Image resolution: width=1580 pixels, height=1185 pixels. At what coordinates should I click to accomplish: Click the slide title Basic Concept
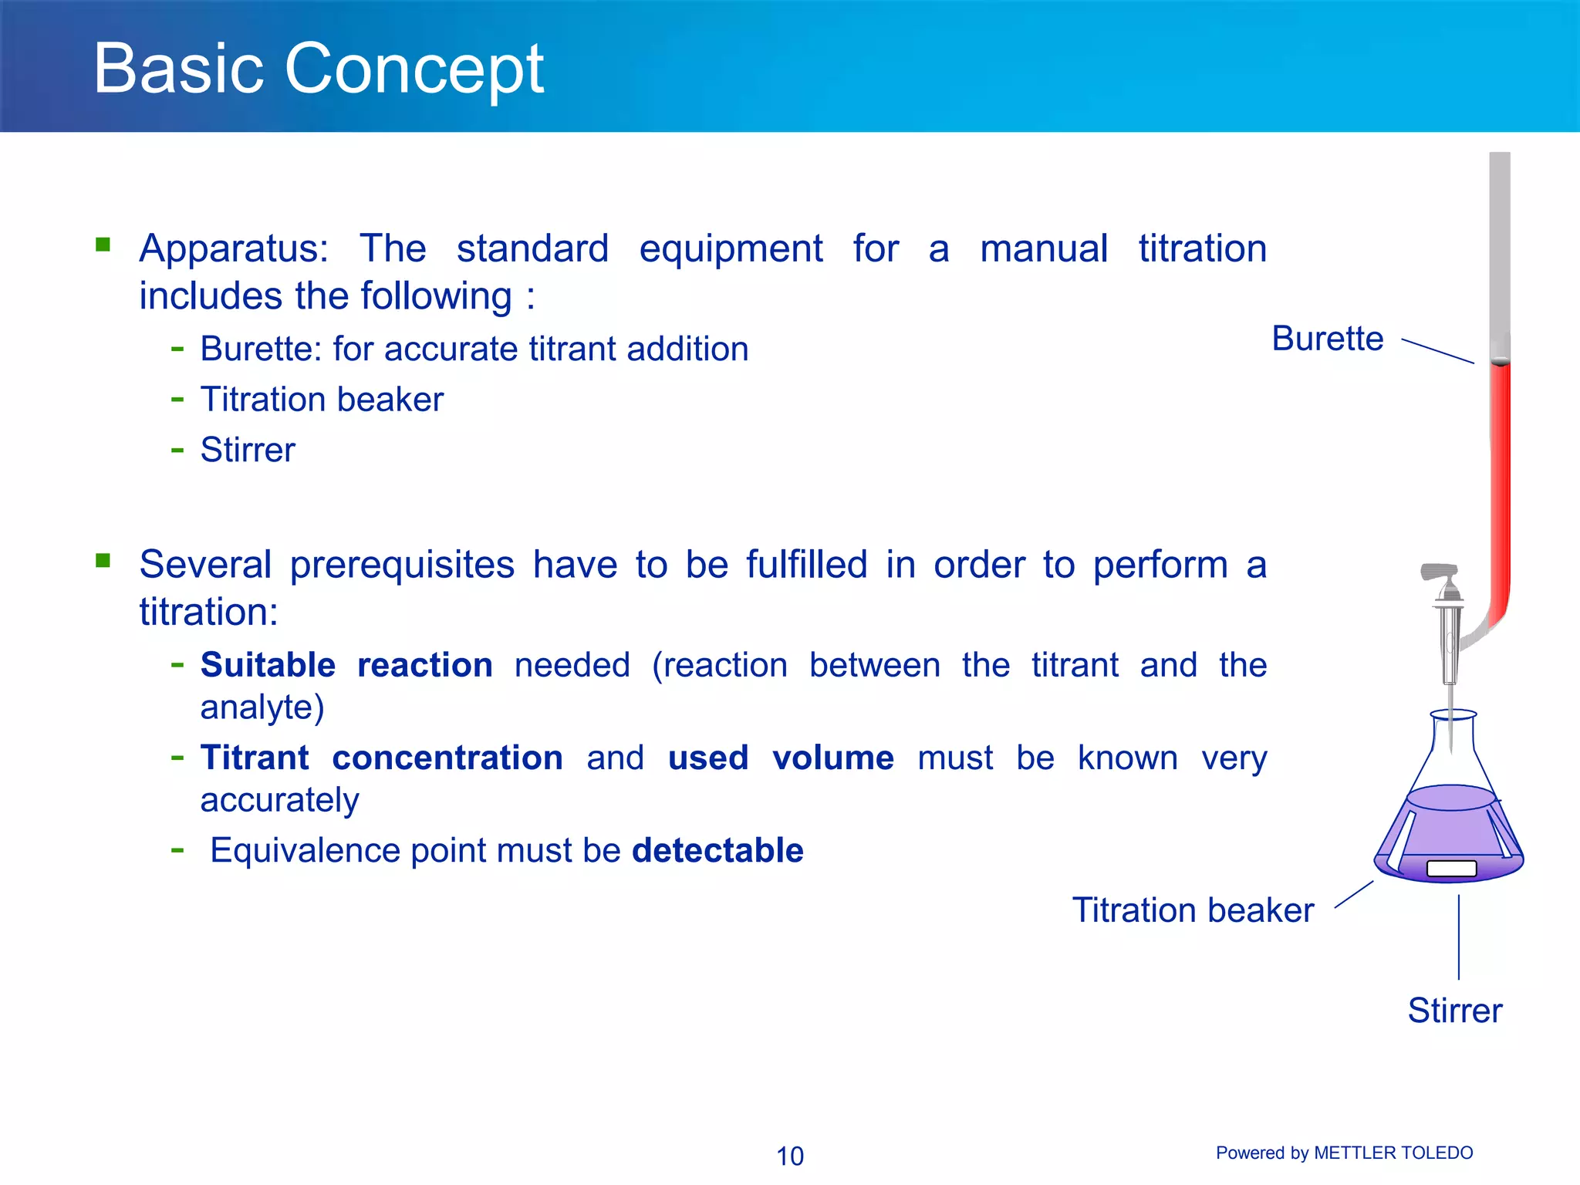318,69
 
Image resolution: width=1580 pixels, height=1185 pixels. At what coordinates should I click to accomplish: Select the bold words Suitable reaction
346,665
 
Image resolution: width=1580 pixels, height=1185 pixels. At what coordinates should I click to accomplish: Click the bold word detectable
717,850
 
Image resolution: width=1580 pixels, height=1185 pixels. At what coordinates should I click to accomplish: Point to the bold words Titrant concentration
381,758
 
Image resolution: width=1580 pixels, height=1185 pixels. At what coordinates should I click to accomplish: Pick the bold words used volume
780,758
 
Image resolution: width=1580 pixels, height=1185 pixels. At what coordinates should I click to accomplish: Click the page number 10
789,1156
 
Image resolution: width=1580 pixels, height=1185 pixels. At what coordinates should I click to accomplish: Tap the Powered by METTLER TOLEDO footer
1344,1153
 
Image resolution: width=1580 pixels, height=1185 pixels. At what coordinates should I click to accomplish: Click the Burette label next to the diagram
1327,339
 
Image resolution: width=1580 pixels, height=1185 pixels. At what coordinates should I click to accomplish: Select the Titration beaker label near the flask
1193,910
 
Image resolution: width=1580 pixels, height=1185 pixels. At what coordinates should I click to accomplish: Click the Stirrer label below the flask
1454,1011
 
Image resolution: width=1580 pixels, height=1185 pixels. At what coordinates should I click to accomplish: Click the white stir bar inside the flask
1451,869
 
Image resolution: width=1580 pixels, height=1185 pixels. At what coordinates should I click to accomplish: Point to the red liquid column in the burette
1500,478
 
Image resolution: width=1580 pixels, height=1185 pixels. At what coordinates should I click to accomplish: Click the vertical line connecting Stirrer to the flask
1458,937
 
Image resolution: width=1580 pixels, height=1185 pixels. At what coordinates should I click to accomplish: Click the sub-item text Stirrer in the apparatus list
248,450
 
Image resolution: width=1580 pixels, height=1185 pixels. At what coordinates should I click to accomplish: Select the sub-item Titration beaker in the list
322,400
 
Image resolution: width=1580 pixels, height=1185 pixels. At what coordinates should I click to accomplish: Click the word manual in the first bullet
1043,249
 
